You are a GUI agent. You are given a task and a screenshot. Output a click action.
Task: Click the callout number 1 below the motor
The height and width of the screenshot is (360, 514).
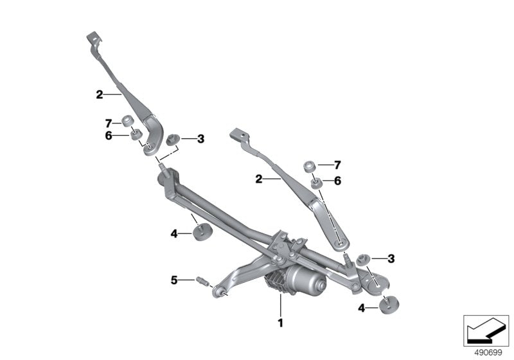click(280, 321)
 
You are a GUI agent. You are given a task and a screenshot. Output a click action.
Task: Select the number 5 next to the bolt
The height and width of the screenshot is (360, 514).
click(173, 280)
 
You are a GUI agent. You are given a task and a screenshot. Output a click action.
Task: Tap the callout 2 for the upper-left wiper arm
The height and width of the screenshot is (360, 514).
click(100, 94)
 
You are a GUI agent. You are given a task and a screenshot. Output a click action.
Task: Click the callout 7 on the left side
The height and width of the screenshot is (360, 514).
click(109, 122)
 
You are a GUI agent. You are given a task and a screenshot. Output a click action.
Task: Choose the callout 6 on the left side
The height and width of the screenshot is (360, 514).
click(109, 135)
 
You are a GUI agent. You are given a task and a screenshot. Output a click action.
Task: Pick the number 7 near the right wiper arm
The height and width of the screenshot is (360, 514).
click(337, 166)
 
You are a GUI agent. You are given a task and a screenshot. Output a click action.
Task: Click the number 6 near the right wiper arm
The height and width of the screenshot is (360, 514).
click(337, 181)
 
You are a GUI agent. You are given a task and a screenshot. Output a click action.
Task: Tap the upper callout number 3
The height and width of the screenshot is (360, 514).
click(200, 138)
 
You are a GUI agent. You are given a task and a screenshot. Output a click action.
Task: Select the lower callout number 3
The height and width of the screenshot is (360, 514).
click(391, 258)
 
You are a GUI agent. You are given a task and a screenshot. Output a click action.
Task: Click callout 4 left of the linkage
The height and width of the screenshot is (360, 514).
click(173, 234)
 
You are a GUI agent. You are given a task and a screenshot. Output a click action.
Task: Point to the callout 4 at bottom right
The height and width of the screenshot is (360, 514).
click(361, 309)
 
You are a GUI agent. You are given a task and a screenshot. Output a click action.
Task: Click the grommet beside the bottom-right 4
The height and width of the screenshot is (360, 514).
click(389, 304)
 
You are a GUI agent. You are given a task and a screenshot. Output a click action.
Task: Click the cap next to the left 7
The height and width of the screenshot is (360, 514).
click(127, 120)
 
